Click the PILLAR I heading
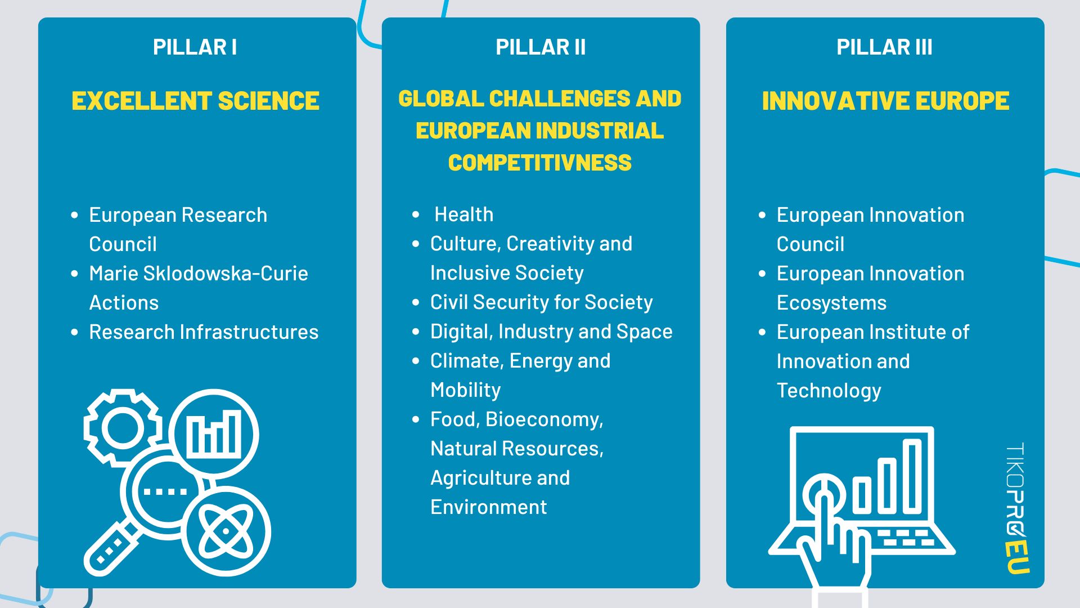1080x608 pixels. point(195,47)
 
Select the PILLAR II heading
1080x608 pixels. point(541,47)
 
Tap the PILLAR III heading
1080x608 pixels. point(884,47)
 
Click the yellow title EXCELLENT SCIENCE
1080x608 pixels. point(195,101)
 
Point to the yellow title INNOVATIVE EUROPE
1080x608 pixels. point(885,101)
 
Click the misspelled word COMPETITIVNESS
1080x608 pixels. point(540,163)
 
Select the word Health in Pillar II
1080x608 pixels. point(464,214)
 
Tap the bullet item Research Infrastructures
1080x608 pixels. point(204,332)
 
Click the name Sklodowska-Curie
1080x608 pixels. point(226,274)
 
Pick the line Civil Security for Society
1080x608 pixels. point(542,302)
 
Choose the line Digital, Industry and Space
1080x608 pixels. point(551,332)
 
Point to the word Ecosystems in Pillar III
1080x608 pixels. point(831,303)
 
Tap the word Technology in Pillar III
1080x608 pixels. point(829,391)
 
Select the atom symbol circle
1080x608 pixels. point(227,531)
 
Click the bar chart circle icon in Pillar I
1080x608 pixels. point(214,434)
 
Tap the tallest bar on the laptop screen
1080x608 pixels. point(912,476)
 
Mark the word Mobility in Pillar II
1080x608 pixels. point(466,390)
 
